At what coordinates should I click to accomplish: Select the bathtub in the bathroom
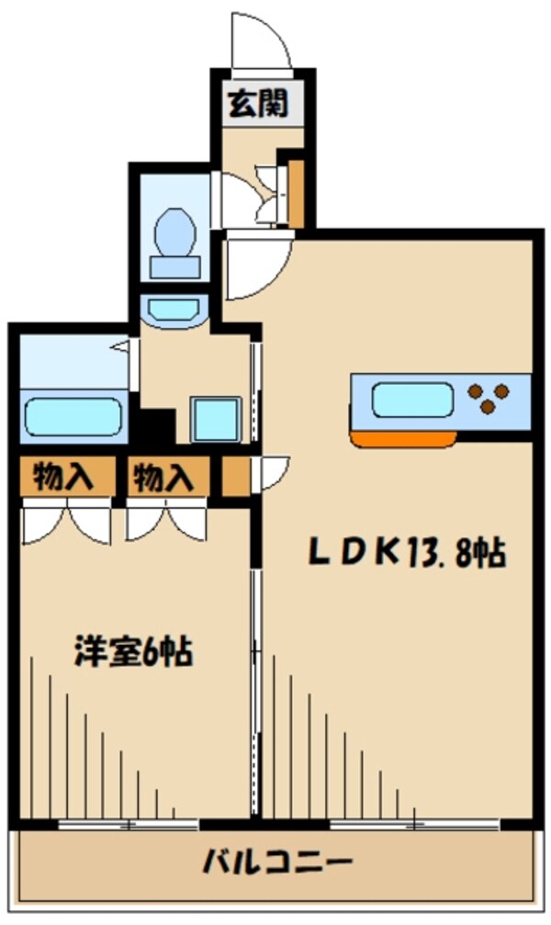click(73, 415)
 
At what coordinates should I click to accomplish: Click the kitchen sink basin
click(411, 400)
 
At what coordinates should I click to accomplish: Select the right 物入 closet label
click(163, 478)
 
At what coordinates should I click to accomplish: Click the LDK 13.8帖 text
click(406, 553)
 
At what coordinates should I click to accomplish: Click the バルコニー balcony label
click(277, 863)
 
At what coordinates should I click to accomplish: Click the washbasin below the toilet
click(174, 310)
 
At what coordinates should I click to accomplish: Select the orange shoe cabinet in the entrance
click(296, 192)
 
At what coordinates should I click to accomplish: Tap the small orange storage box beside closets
click(235, 477)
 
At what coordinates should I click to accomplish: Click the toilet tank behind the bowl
click(174, 266)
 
